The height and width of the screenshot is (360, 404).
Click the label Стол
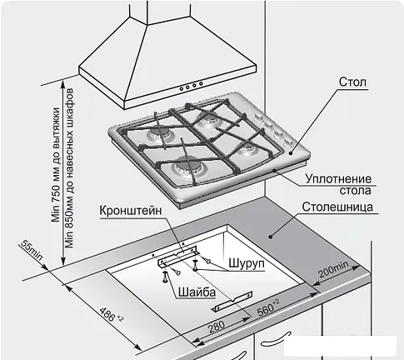tap(352, 82)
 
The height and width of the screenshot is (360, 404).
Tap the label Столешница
tap(337, 207)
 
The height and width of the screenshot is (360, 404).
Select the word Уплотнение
tap(338, 179)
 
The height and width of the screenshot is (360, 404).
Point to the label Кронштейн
tap(131, 211)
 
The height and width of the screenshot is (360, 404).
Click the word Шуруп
tap(247, 263)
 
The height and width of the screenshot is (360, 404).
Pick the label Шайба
tap(197, 292)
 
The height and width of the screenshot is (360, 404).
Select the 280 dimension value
tap(217, 326)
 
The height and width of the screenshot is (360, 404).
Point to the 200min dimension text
tap(333, 269)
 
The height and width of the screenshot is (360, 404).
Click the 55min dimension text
tap(32, 250)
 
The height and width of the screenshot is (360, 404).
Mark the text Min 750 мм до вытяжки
tap(57, 164)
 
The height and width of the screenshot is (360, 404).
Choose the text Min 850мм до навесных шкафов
tap(69, 168)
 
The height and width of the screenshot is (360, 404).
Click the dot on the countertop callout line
tap(270, 237)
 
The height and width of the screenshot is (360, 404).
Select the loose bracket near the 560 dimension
tap(232, 302)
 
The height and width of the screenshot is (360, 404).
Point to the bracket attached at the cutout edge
tap(177, 256)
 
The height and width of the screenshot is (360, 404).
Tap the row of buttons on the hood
tap(192, 86)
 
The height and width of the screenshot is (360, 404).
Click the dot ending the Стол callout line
tap(291, 152)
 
